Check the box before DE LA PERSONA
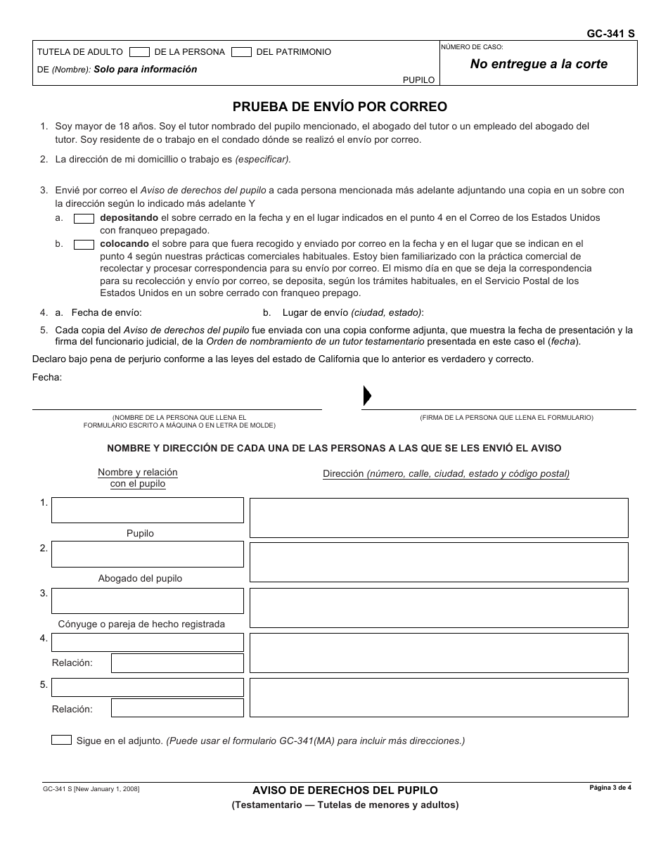pos(140,51)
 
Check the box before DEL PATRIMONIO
pos(242,51)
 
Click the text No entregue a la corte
pos(539,64)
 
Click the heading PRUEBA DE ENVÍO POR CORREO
pos(340,107)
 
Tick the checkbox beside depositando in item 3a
pos(84,218)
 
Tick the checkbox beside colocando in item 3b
pos(84,245)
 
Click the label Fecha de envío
pos(106,313)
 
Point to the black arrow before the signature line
pos(366,396)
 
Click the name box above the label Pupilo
pos(148,510)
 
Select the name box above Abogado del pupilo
pos(148,555)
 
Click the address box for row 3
pos(439,608)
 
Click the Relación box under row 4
pos(177,662)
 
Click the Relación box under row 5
pos(177,708)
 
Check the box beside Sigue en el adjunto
pos(62,740)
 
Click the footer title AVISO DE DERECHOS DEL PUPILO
pos(345,790)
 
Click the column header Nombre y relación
pos(138,472)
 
